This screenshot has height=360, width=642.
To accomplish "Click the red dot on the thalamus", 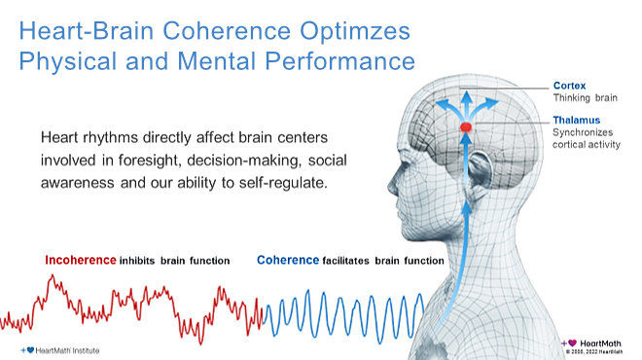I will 466,127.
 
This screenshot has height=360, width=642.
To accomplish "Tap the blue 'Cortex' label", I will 569,85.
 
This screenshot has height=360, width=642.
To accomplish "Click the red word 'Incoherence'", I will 80,260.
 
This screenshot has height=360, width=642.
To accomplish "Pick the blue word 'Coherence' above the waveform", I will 288,260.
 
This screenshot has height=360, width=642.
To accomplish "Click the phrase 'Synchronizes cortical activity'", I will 586,138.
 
